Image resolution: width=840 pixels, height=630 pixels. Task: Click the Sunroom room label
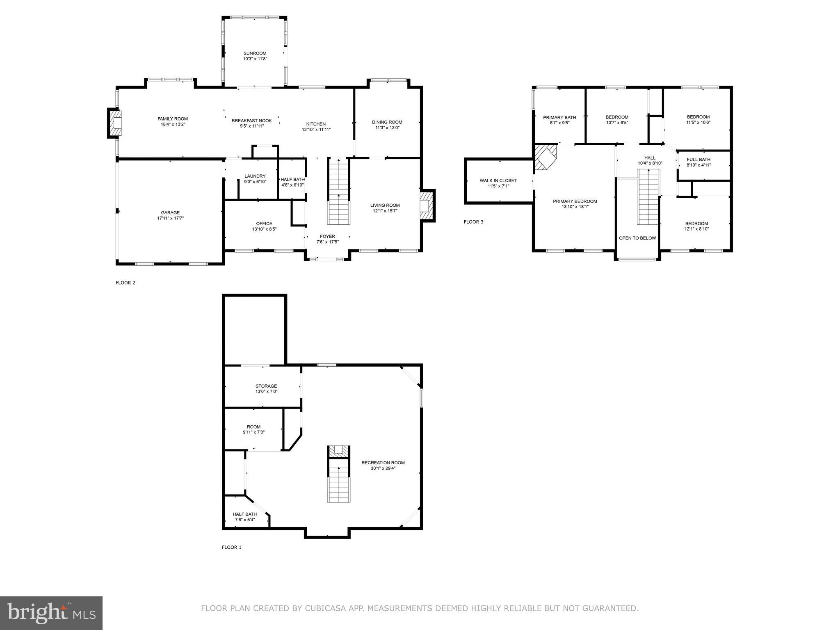click(255, 53)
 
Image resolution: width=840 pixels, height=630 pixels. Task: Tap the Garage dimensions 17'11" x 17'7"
click(170, 218)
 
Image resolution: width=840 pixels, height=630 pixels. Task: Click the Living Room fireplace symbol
click(426, 206)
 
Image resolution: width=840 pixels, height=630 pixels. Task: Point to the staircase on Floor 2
click(338, 191)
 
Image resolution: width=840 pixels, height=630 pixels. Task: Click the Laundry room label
click(255, 176)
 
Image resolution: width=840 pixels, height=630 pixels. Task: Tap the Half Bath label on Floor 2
click(292, 179)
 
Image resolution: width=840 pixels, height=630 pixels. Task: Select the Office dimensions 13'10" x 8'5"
click(264, 229)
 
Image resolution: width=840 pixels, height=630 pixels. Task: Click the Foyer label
click(327, 236)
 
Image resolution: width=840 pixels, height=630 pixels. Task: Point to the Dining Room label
click(387, 122)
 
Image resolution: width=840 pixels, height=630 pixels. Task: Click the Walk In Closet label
click(498, 180)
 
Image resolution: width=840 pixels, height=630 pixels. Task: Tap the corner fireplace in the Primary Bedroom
click(545, 157)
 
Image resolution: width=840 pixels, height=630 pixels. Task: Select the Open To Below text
click(637, 238)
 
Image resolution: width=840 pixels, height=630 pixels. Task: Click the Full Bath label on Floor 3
click(698, 160)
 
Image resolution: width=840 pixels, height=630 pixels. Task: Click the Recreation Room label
click(383, 463)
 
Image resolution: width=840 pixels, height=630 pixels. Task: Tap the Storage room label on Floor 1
click(266, 386)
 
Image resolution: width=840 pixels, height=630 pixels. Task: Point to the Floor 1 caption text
click(232, 547)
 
